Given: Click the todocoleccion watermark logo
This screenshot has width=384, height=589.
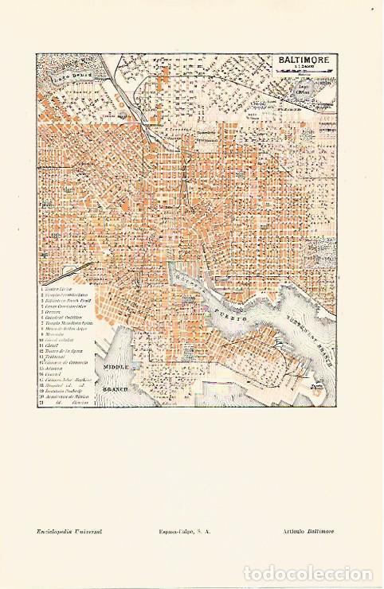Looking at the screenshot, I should point(308,573).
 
